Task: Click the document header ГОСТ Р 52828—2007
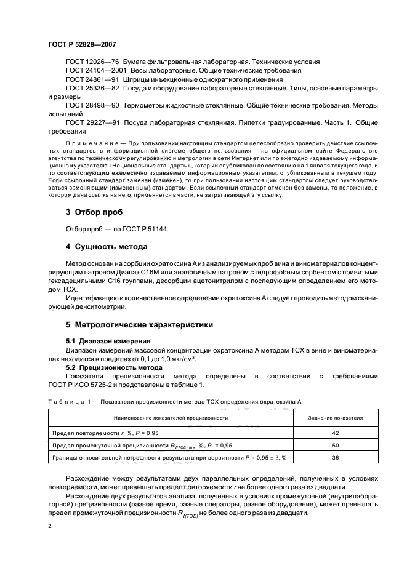81,45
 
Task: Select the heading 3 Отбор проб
94,212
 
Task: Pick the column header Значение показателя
335,418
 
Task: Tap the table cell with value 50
335,444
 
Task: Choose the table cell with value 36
335,457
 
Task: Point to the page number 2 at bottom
49,527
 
